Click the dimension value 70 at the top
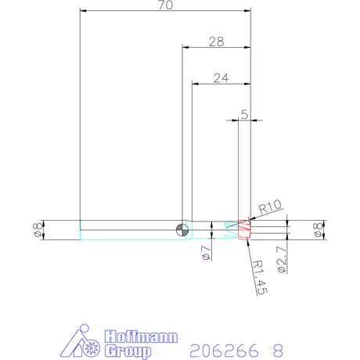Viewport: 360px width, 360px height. tap(165, 5)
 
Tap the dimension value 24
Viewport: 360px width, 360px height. tap(221, 77)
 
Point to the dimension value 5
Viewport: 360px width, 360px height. tap(245, 114)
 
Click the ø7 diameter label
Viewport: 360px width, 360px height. tap(204, 252)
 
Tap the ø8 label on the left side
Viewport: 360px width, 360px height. tap(36, 229)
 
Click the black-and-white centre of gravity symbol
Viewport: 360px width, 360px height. tap(182, 229)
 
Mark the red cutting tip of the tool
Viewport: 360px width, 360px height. tap(245, 230)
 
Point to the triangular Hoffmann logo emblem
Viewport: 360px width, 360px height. tap(82, 343)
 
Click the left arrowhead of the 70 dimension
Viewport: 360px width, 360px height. tap(83, 11)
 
